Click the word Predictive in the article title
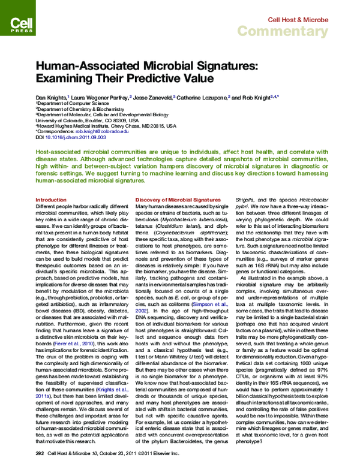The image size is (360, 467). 136,79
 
